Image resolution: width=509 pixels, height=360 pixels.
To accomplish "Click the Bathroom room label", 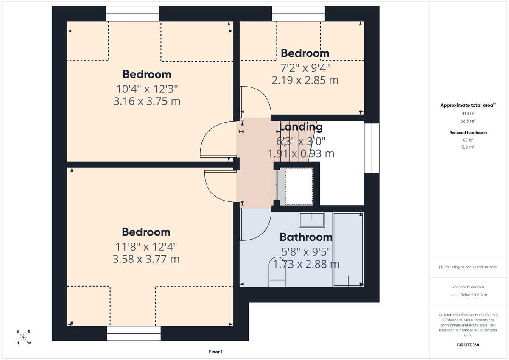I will [305, 237].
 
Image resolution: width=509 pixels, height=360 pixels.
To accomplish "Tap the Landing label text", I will [301, 127].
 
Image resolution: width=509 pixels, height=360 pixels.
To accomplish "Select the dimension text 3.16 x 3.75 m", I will [147, 102].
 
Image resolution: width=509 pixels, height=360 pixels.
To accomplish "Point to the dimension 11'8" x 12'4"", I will [146, 246].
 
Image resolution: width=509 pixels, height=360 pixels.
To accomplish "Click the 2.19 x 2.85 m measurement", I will [305, 80].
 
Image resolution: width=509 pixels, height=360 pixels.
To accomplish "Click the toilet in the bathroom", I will [277, 272].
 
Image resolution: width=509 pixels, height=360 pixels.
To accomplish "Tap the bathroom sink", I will [312, 220].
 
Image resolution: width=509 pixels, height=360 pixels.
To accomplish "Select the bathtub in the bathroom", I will [348, 249].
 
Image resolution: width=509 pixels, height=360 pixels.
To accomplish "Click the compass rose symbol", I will [23, 337].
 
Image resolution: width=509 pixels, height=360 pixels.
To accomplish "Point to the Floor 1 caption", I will [215, 352].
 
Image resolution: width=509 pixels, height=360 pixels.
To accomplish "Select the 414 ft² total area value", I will [468, 114].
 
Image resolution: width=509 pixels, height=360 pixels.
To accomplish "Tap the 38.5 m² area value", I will [468, 121].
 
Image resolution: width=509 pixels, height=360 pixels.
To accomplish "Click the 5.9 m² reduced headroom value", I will [468, 147].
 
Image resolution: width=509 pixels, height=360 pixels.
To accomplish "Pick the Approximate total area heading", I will [467, 105].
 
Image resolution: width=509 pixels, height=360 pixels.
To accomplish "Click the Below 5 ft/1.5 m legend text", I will [473, 295].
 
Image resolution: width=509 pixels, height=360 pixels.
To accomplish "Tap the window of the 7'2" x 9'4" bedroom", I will [298, 14].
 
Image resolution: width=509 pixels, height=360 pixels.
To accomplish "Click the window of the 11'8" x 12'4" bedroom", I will [134, 333].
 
